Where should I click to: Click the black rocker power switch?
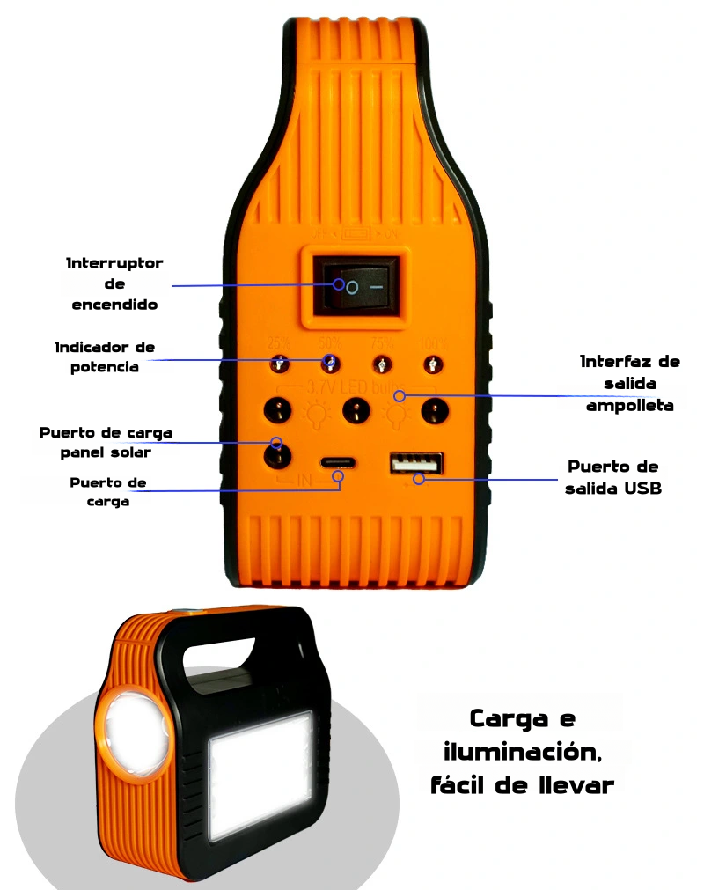pyautogui.click(x=352, y=286)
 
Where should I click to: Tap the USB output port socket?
pyautogui.click(x=416, y=462)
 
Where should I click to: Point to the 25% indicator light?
pyautogui.click(x=279, y=363)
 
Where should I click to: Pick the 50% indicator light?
pyautogui.click(x=329, y=363)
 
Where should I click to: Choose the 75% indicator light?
pyautogui.click(x=383, y=363)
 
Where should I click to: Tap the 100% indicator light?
pyautogui.click(x=432, y=363)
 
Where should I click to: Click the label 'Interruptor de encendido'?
pyautogui.click(x=114, y=284)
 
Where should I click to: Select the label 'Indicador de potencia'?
pyautogui.click(x=105, y=357)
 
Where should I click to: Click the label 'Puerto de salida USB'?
pyautogui.click(x=614, y=477)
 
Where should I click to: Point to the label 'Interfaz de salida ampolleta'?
pyautogui.click(x=629, y=384)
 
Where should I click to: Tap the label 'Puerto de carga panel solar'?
pyautogui.click(x=106, y=443)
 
